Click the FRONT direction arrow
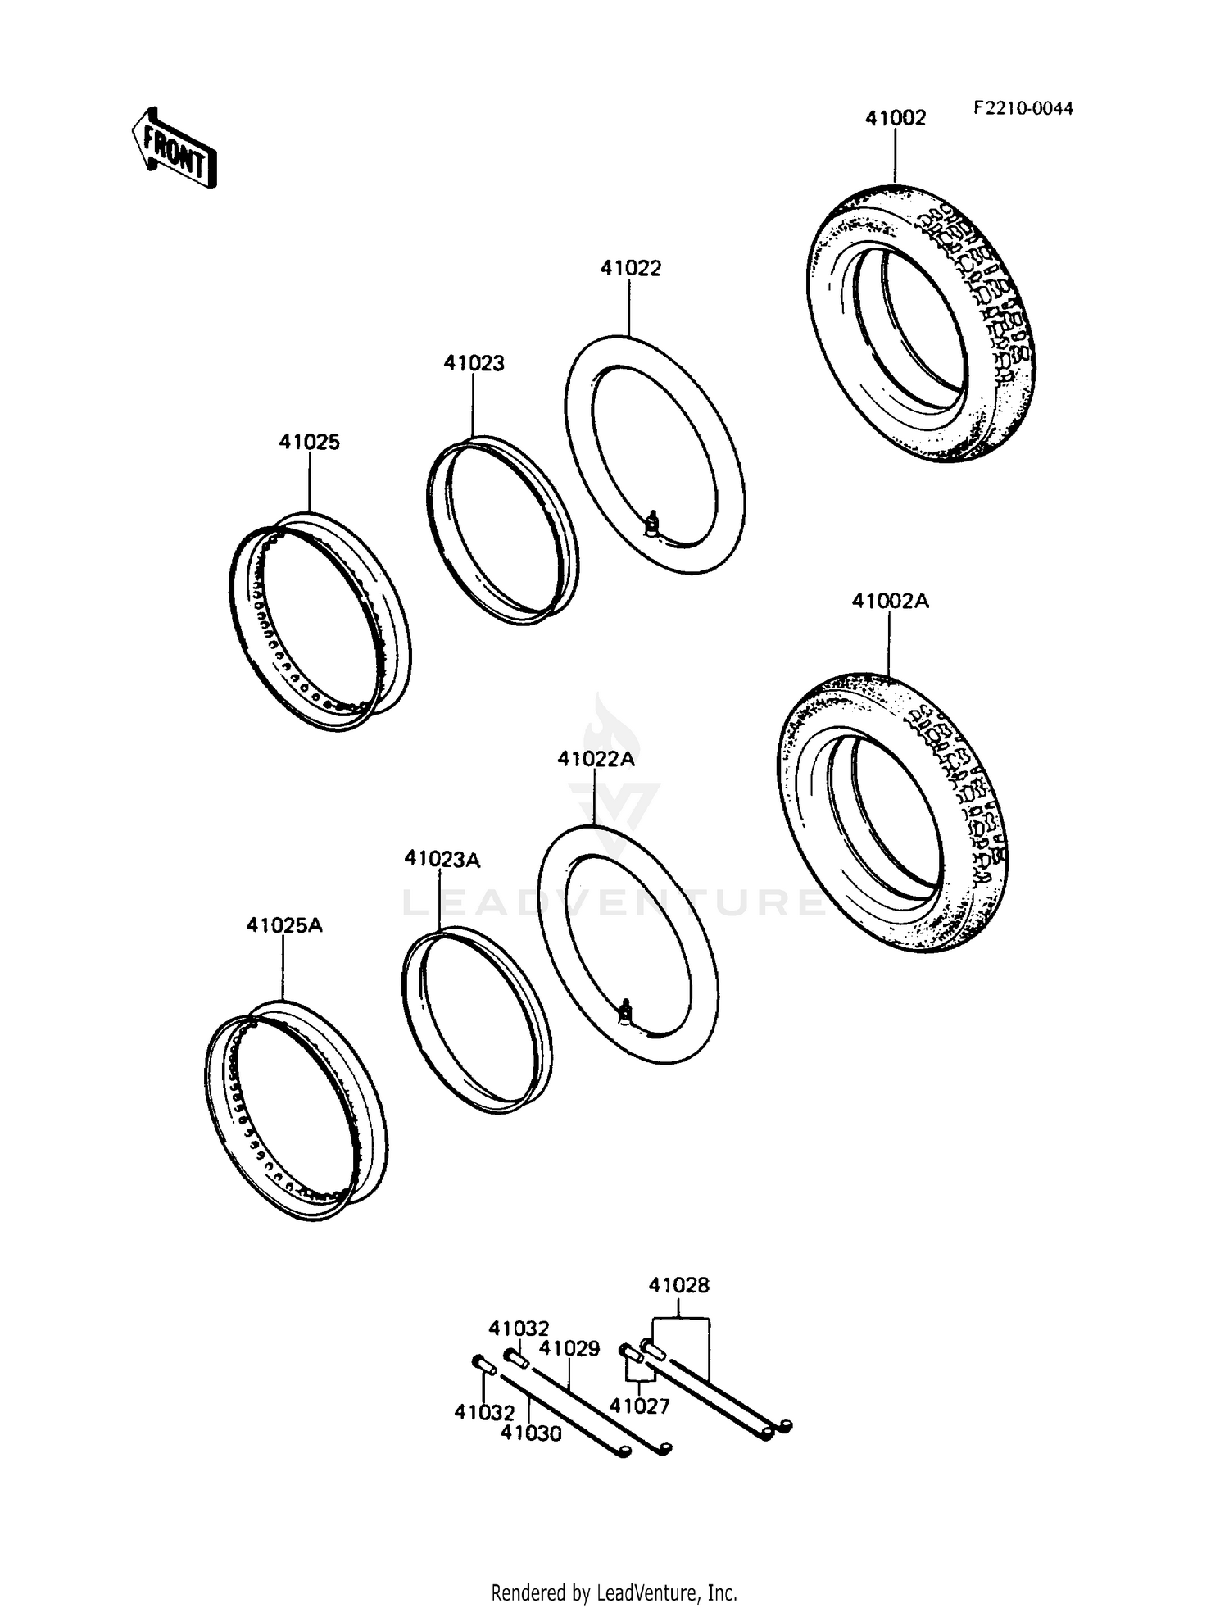coord(175,148)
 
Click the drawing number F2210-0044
coord(1023,108)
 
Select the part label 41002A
coord(890,601)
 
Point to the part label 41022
coord(630,268)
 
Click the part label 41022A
coord(596,759)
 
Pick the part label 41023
coord(474,363)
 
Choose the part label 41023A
coord(442,859)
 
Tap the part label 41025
coord(309,442)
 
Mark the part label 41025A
coord(284,925)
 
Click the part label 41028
coord(678,1285)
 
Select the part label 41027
coord(639,1406)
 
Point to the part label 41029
coord(569,1348)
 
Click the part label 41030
coord(531,1433)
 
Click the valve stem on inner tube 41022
coord(653,525)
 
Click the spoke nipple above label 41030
coord(481,1365)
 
